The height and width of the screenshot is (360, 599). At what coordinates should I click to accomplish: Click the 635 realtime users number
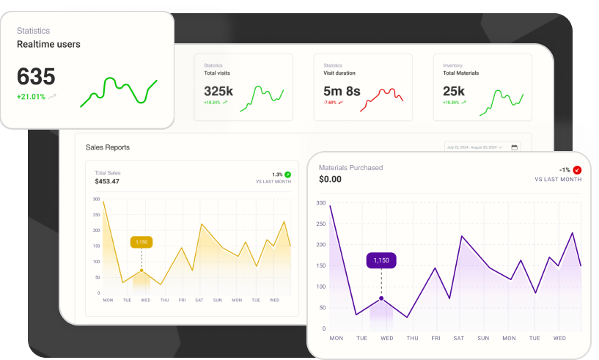click(x=36, y=76)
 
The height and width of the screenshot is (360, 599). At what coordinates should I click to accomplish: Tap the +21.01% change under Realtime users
click(x=32, y=97)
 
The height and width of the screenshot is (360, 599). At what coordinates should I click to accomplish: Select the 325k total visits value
click(x=218, y=92)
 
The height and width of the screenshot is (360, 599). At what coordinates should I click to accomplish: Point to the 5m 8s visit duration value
click(x=342, y=92)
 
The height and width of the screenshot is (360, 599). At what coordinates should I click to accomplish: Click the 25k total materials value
click(x=454, y=92)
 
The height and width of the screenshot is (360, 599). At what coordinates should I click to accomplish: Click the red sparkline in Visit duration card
click(x=381, y=98)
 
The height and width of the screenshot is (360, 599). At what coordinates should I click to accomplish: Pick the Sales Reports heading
click(x=108, y=147)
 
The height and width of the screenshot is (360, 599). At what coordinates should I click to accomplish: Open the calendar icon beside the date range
click(x=515, y=147)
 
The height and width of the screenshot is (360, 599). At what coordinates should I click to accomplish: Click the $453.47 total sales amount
click(x=107, y=181)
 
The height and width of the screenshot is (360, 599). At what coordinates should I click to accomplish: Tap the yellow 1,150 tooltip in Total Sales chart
click(x=142, y=242)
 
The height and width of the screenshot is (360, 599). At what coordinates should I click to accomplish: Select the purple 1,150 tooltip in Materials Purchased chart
click(x=381, y=260)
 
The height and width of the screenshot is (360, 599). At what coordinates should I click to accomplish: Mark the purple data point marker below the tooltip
click(x=381, y=298)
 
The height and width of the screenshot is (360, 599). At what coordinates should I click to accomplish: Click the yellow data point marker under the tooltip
click(x=142, y=271)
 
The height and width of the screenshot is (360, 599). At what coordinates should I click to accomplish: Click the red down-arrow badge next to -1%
click(x=577, y=170)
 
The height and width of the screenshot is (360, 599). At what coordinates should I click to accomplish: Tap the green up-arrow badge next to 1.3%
click(x=287, y=175)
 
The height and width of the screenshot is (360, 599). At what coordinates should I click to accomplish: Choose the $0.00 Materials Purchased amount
click(x=331, y=179)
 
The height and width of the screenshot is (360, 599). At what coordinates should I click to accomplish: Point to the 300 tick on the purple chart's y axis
click(x=321, y=203)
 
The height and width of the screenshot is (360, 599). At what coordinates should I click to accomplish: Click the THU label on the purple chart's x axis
click(x=412, y=338)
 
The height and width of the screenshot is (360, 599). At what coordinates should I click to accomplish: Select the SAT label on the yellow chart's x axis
click(x=199, y=300)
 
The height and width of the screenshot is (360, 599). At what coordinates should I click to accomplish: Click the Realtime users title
click(x=48, y=44)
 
